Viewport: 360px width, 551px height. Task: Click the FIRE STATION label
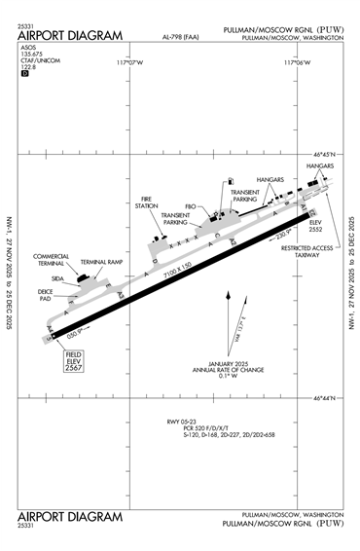click(x=147, y=203)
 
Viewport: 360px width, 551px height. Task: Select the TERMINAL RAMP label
click(x=99, y=262)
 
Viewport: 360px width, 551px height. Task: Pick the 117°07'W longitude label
click(x=129, y=63)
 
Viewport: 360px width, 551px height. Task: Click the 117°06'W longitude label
click(x=297, y=63)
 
